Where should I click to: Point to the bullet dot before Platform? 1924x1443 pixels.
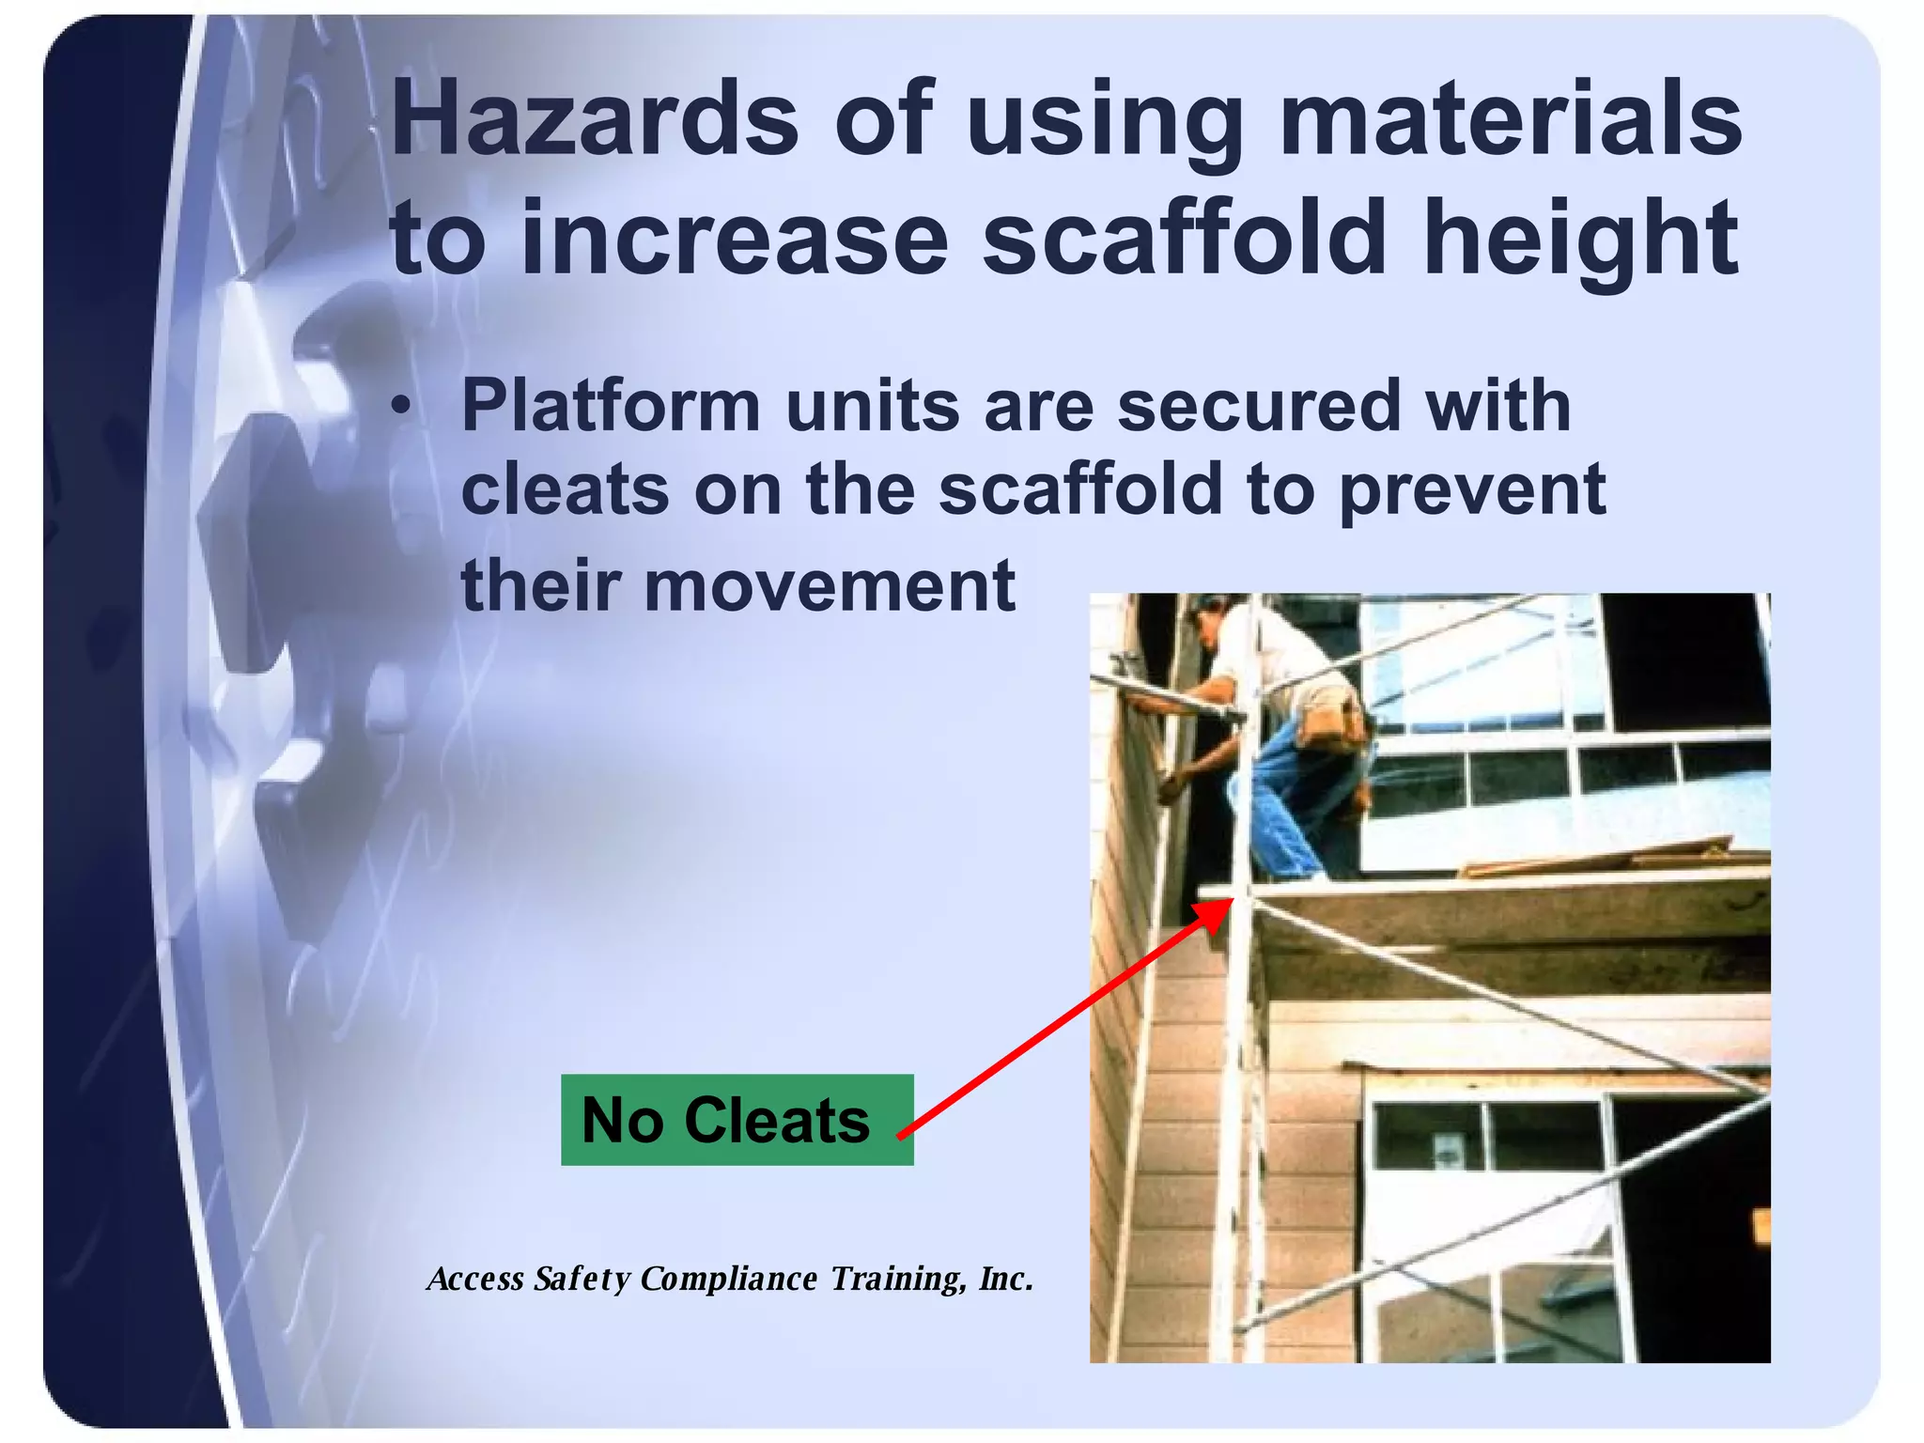pos(401,408)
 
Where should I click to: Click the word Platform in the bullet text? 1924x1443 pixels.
pos(611,406)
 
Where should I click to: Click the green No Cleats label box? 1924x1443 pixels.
pos(737,1120)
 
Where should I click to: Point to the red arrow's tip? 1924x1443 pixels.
pos(1229,901)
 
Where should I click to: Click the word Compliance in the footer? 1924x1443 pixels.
pos(729,1279)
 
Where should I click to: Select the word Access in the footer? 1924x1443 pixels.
pos(475,1279)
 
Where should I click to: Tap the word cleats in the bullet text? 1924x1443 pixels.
pos(565,490)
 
